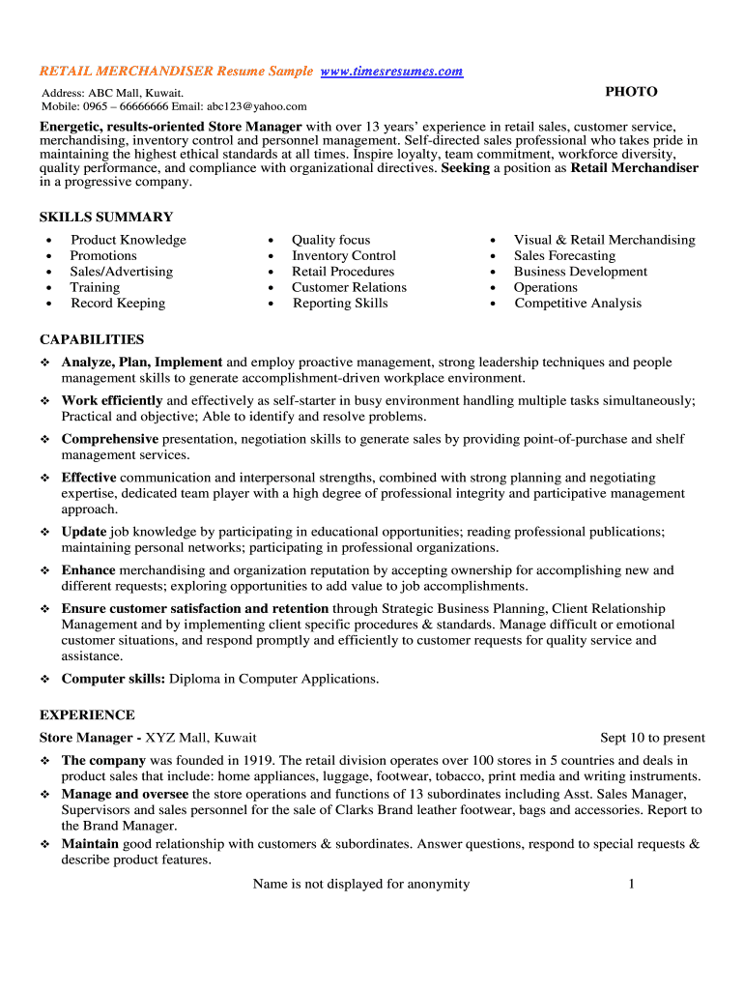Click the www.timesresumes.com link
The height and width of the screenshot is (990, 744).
tap(391, 72)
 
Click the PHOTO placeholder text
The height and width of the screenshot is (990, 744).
tap(631, 92)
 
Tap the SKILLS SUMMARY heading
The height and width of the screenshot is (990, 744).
tap(106, 218)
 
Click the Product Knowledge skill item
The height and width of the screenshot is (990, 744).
tap(129, 240)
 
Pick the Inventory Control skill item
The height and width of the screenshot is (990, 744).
tap(344, 256)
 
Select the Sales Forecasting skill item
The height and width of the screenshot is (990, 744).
tap(564, 256)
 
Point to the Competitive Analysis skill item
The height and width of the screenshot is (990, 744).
tap(578, 304)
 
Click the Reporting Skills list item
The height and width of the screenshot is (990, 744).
tap(340, 304)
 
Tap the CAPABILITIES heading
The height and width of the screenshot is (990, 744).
tap(92, 340)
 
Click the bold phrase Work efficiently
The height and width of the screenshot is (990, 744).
tap(112, 400)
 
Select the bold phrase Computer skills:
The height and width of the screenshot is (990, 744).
tap(113, 679)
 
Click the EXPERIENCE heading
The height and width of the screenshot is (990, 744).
tap(87, 715)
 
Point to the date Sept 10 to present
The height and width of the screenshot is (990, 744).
tap(652, 738)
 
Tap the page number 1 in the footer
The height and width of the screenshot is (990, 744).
tap(631, 884)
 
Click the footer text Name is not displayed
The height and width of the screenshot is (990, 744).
tap(360, 884)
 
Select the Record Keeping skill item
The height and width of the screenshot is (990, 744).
tap(118, 304)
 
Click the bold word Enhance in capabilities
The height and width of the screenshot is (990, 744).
tap(88, 570)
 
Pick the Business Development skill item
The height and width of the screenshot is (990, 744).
tap(581, 272)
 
